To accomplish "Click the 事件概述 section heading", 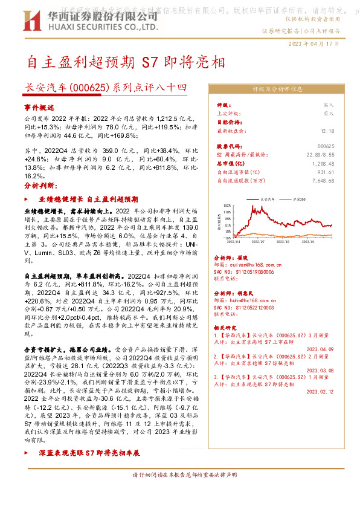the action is [x=39, y=106].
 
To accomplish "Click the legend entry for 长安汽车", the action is [x=266, y=198].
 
